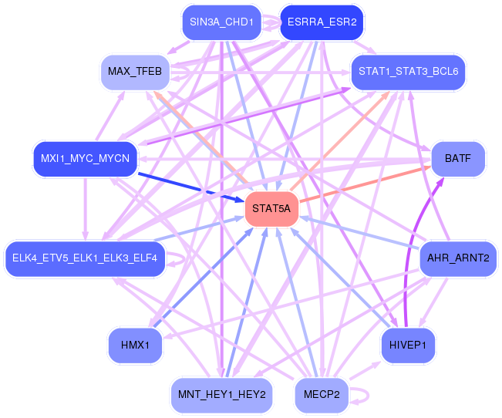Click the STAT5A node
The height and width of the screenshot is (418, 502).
(271, 208)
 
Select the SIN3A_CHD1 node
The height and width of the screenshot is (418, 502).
(221, 22)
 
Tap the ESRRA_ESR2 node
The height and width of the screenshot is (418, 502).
(322, 22)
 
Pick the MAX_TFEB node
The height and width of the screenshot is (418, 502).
(135, 72)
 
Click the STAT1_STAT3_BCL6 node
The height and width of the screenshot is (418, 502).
(408, 72)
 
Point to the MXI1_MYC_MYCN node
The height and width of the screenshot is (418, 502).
(85, 159)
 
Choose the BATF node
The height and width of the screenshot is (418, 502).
(458, 159)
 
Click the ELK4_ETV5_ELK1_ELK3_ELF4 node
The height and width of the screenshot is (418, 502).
(85, 258)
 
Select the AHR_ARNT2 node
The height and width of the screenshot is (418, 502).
(458, 258)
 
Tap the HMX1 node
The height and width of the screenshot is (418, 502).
(135, 346)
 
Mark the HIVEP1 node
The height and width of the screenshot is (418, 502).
(408, 346)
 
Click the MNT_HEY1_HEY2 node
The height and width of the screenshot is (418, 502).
(221, 395)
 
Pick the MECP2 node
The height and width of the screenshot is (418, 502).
(322, 395)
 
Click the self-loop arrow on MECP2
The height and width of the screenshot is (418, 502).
(368, 395)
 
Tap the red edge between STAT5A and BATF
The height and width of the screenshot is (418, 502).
(365, 184)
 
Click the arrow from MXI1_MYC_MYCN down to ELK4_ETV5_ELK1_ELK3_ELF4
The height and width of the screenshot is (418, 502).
(85, 208)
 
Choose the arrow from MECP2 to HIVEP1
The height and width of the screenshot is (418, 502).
(365, 371)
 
